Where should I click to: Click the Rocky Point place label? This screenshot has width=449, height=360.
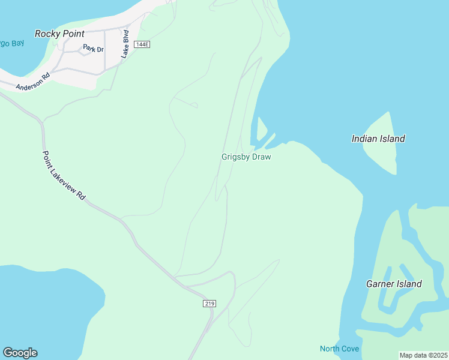point(59,34)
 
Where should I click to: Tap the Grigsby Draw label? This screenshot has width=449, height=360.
point(246,157)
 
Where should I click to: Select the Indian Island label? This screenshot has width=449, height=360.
point(378,139)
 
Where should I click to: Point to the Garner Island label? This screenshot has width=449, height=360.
point(394,284)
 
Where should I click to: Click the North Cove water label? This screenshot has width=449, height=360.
point(339,349)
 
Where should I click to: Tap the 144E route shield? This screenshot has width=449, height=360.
point(142,44)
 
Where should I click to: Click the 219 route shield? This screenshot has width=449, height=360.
point(209,304)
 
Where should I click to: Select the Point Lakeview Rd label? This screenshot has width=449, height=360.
point(64,175)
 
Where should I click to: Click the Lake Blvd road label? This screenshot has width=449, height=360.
point(125,44)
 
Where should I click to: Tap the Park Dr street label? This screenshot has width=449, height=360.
point(94,48)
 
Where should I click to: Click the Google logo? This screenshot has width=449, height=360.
point(20,353)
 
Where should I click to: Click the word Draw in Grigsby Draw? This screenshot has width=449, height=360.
point(261,157)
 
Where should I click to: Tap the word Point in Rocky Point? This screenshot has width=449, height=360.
point(73,34)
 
